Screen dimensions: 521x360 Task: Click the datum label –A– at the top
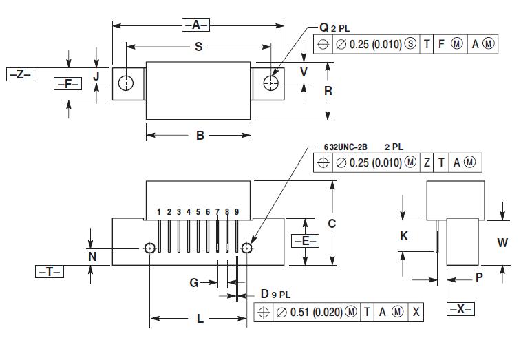point(195,25)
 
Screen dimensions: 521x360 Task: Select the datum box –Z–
point(20,74)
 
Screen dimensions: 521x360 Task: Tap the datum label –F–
point(67,83)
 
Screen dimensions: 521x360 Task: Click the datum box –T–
point(50,272)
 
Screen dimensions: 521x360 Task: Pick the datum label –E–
point(306,241)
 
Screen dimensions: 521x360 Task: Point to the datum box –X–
point(460,309)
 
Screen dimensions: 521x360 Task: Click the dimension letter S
point(199,47)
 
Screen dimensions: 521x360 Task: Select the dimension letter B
point(200,136)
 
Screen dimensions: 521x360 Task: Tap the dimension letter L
point(200,319)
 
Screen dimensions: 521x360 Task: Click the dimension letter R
point(328,91)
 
